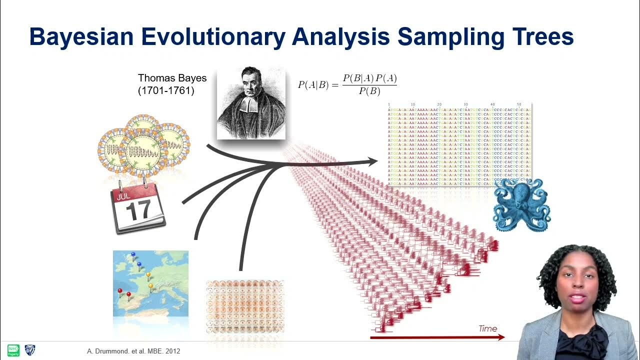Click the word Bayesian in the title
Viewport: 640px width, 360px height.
pyautogui.click(x=81, y=37)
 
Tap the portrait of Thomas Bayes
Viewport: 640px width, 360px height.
pyautogui.click(x=251, y=103)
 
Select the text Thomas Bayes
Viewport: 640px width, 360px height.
pyautogui.click(x=172, y=78)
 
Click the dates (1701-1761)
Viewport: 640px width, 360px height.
pyautogui.click(x=165, y=91)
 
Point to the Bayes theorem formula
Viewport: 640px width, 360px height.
pyautogui.click(x=347, y=84)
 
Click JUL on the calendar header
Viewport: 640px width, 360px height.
pyautogui.click(x=123, y=196)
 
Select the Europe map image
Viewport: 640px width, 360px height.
pyautogui.click(x=150, y=283)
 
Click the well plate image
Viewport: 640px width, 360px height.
pyautogui.click(x=245, y=306)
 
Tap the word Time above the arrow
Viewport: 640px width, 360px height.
pyautogui.click(x=487, y=328)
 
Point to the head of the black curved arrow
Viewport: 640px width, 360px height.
pyautogui.click(x=372, y=161)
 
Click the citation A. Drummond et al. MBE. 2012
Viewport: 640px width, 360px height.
pyautogui.click(x=133, y=351)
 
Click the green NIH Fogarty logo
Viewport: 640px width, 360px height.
pyautogui.click(x=13, y=350)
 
